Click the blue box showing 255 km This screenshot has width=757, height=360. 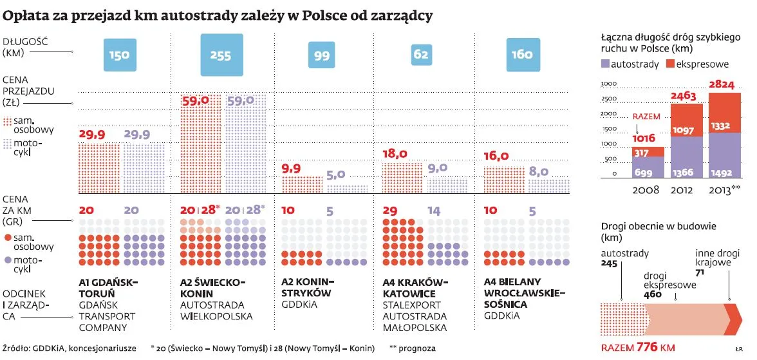click(x=220, y=55)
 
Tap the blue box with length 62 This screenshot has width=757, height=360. click(x=420, y=55)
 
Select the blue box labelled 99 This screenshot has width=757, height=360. click(x=321, y=55)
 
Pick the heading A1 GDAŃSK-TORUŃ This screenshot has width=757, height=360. click(x=108, y=287)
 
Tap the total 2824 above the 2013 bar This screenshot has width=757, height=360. click(x=722, y=85)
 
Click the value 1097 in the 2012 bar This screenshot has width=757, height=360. click(x=684, y=130)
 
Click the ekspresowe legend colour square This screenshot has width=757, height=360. click(x=670, y=64)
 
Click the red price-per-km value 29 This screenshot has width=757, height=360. click(x=390, y=211)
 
